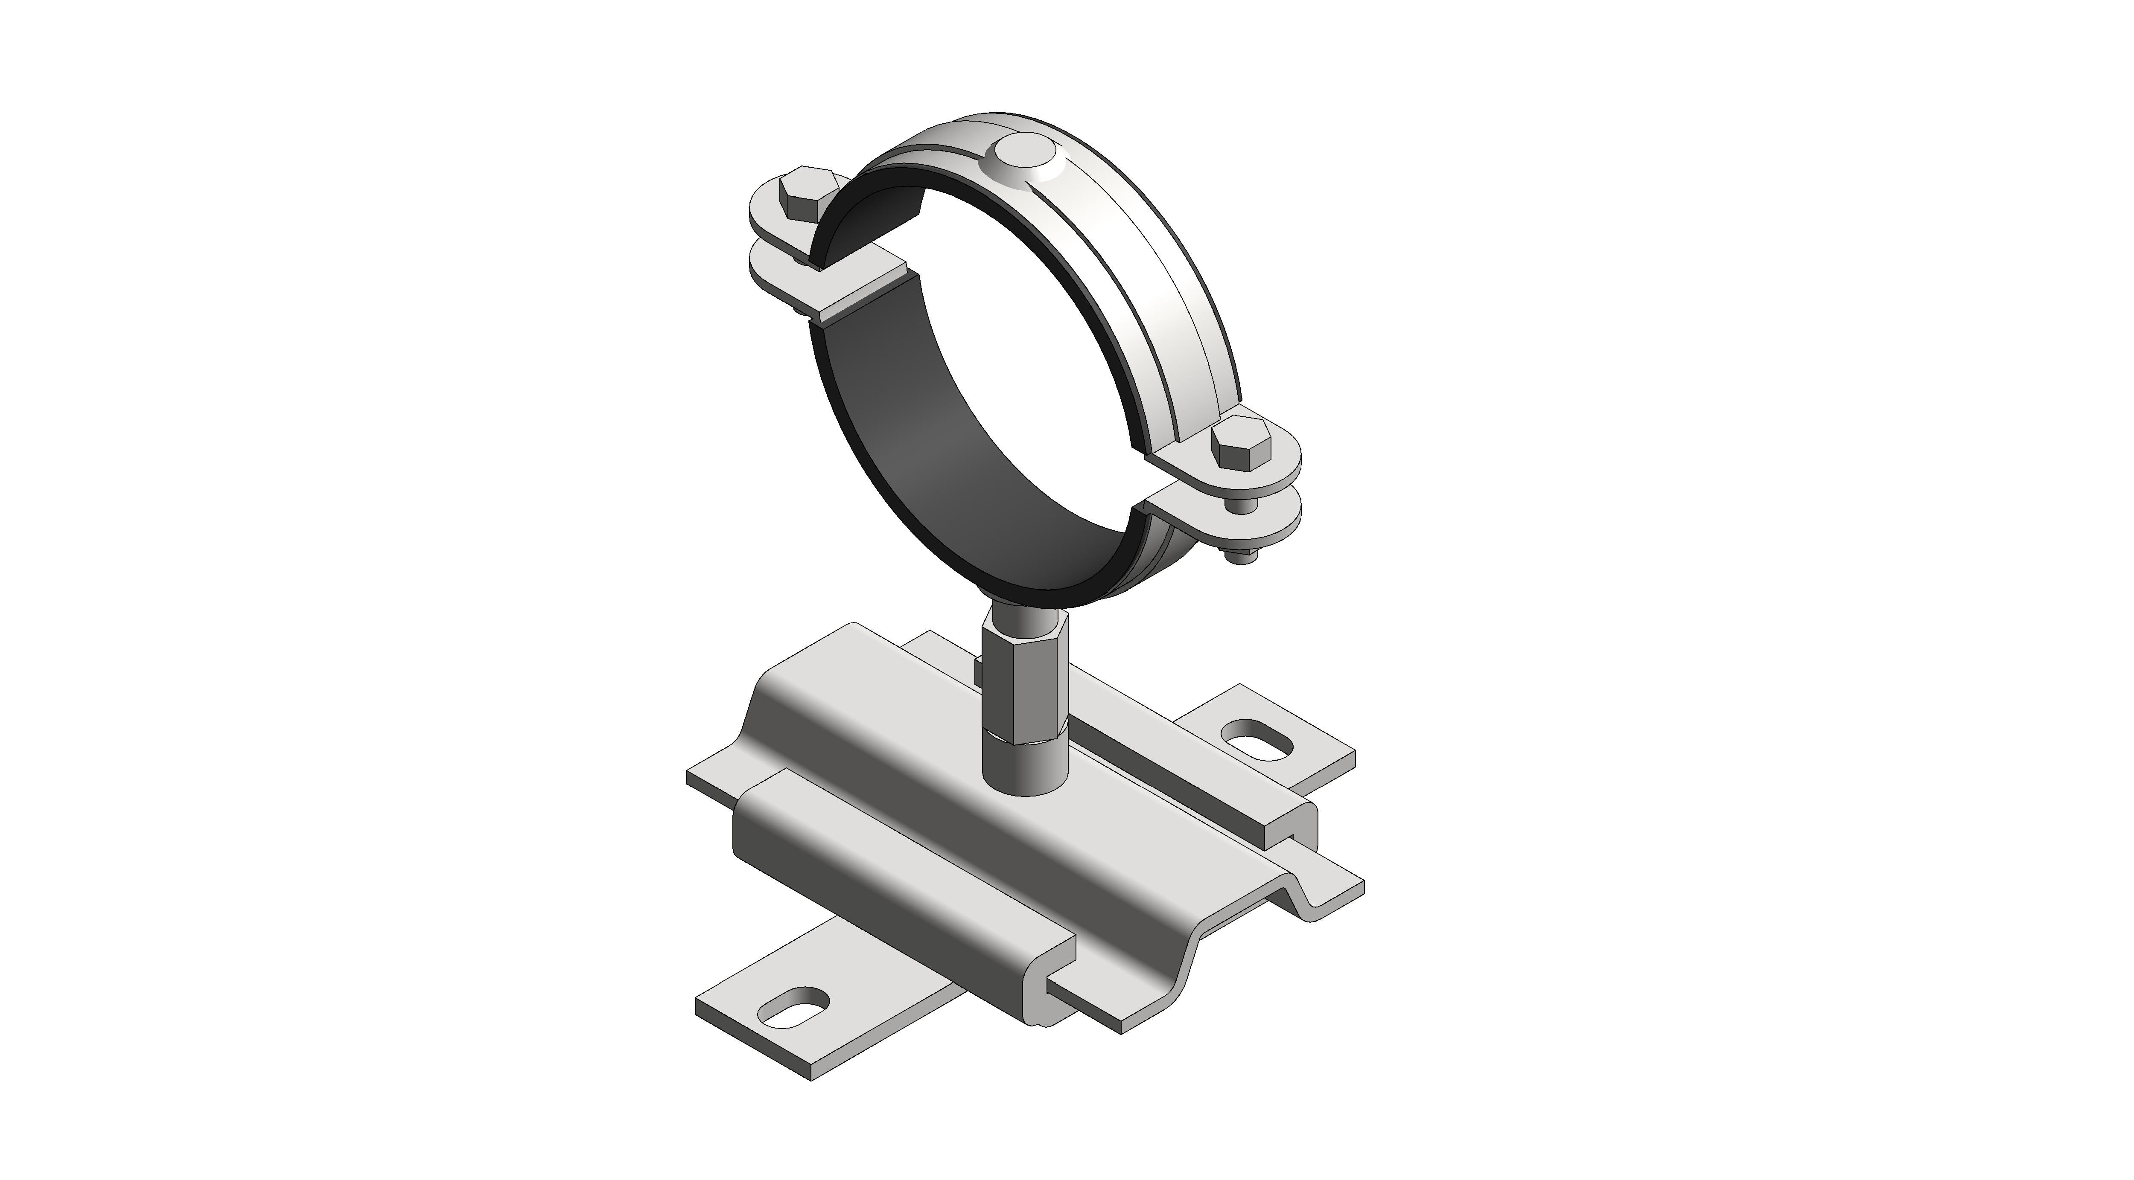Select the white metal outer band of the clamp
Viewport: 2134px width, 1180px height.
pyautogui.click(x=1160, y=273)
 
